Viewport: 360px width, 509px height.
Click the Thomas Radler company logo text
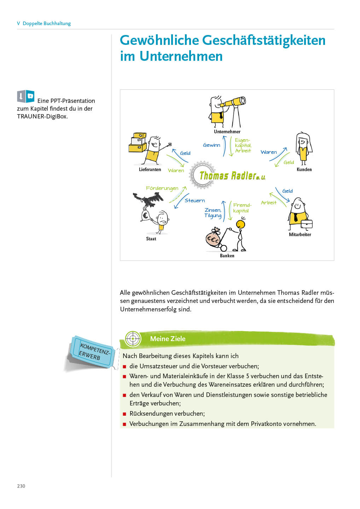point(232,175)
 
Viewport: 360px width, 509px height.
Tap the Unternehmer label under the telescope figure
point(227,131)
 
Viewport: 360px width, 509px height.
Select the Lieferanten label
point(150,169)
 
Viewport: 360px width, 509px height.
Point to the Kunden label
point(304,169)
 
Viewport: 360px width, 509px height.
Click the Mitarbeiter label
point(300,234)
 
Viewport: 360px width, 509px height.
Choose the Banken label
point(227,256)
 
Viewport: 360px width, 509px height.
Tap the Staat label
point(151,239)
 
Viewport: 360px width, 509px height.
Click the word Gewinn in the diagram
point(211,145)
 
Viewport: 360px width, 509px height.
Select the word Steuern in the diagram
point(194,200)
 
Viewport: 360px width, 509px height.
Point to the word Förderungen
point(162,188)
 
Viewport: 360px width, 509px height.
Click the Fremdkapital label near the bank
point(242,208)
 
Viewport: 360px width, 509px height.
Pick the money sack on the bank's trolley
point(213,238)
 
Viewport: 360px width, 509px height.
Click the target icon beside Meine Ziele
point(133,339)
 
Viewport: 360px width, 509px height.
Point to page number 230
point(21,486)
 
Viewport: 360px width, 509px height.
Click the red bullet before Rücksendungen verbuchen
point(124,414)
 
